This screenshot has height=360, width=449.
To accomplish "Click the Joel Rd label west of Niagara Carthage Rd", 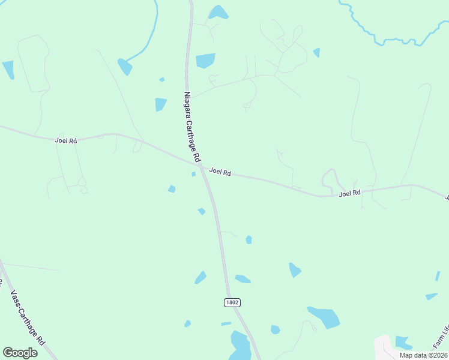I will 66,140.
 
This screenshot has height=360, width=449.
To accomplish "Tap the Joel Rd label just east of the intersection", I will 220,172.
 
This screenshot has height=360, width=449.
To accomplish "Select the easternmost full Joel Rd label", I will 349,193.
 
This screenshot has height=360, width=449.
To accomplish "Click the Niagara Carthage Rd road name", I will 191,127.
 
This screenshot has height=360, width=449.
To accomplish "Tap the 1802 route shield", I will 232,302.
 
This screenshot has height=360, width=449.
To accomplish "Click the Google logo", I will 20,352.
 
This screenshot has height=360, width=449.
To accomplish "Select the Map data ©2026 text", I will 423,355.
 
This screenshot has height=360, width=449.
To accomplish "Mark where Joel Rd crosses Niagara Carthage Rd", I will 200,164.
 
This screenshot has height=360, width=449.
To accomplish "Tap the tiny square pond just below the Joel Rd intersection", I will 193,175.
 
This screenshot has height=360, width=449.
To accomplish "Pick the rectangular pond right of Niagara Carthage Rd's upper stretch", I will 205,61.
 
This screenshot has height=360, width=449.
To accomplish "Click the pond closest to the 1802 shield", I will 243,278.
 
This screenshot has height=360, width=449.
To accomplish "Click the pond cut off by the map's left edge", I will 8,69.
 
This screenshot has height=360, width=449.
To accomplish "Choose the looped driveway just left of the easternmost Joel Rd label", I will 329,178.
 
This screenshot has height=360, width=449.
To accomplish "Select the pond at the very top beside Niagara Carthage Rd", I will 218,12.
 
